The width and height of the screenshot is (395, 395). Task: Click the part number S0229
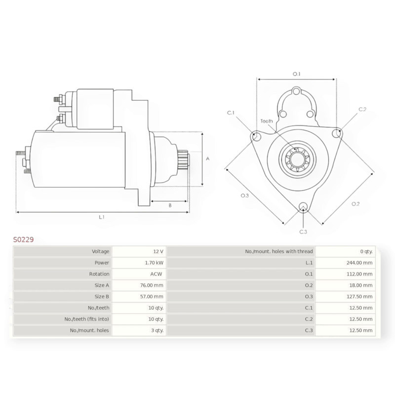click(23, 239)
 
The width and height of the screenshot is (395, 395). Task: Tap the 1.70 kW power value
click(154, 263)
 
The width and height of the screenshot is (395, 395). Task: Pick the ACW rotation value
click(156, 274)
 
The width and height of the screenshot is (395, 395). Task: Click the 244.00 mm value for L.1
click(359, 263)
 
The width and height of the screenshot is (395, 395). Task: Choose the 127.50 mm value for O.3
click(359, 297)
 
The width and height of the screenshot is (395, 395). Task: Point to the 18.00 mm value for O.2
click(361, 285)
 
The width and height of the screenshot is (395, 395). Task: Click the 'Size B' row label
click(102, 297)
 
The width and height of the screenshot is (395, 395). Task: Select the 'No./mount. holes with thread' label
click(279, 251)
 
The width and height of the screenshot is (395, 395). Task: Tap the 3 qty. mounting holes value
click(157, 330)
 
